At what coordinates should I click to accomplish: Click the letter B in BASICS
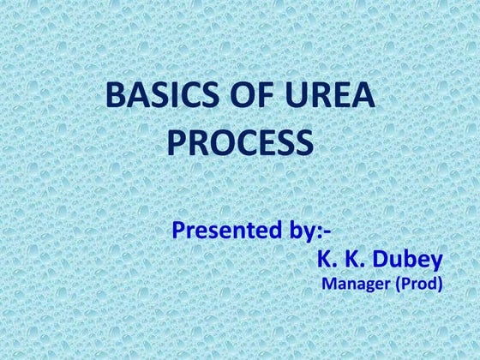(114, 96)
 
